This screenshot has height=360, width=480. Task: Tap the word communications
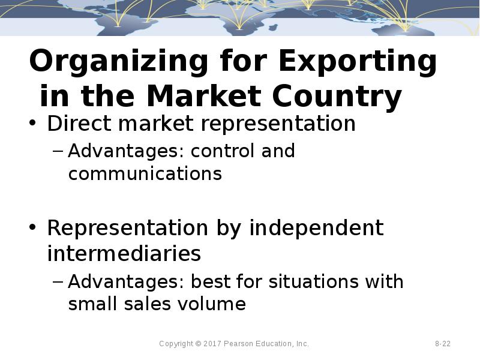(145, 174)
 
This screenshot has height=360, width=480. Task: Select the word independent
(316, 228)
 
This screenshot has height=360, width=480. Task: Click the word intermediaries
(124, 254)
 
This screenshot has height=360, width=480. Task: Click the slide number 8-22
(443, 344)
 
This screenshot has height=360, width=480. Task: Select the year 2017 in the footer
(213, 344)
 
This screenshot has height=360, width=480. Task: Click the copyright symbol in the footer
(198, 344)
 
